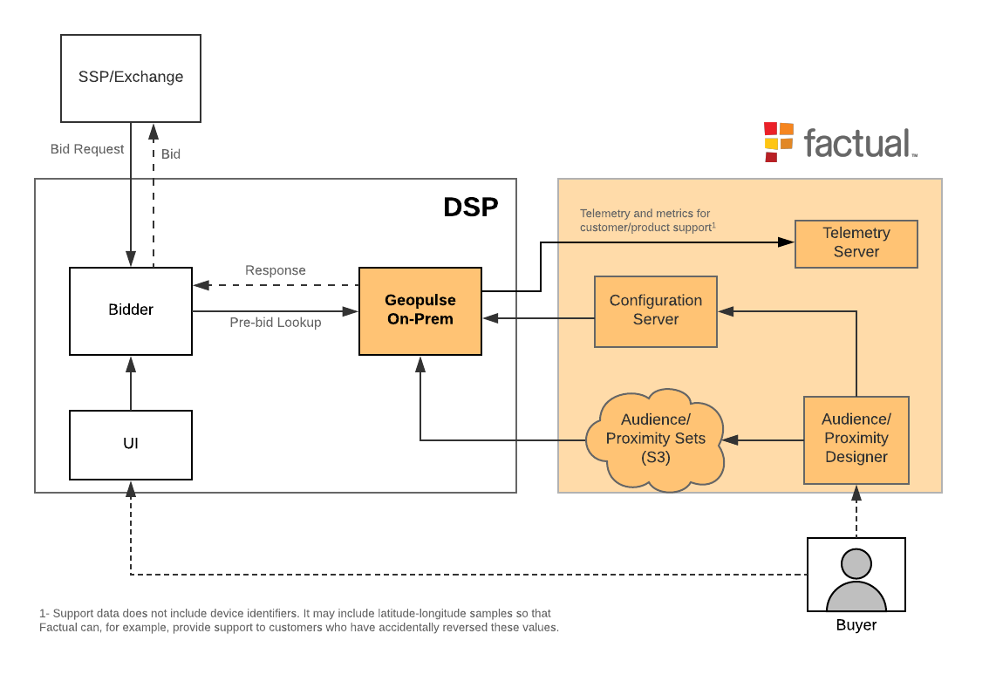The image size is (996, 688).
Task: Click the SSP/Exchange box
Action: tap(131, 78)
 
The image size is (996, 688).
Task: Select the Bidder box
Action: tap(131, 310)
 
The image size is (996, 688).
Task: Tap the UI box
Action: tap(131, 444)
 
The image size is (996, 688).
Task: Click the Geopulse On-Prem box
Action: tap(420, 310)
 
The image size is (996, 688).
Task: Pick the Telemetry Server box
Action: tap(856, 243)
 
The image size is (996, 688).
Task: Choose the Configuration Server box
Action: tap(655, 310)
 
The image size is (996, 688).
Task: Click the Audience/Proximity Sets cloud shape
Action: tap(655, 439)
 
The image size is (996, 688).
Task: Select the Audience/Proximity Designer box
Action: tap(856, 439)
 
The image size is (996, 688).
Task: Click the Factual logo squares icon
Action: tap(779, 141)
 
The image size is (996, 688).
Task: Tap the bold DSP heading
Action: tap(471, 208)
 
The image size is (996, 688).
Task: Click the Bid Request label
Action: tap(87, 149)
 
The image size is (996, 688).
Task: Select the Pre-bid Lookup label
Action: tap(276, 323)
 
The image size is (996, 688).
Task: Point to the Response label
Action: tap(276, 270)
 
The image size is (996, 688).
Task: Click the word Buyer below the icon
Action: tap(856, 625)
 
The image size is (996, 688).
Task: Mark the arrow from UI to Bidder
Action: tap(131, 383)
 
